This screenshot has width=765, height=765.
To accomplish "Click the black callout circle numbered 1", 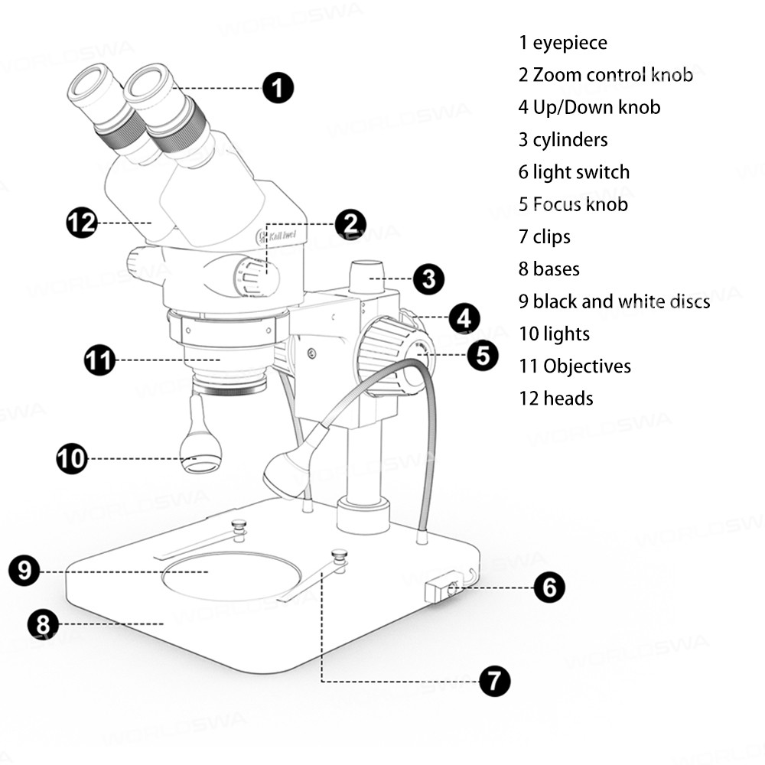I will tap(278, 88).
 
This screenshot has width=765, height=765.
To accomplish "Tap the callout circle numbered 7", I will tap(494, 680).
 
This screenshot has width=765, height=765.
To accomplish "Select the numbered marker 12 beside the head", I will tap(81, 223).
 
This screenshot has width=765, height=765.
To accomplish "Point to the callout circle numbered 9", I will tap(25, 571).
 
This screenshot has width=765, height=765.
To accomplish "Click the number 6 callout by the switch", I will tap(549, 588).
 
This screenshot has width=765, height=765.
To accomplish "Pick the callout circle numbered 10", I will tap(72, 459).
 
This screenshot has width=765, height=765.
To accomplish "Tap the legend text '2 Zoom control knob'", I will tap(605, 75).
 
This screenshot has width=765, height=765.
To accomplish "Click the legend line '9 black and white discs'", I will tap(614, 301).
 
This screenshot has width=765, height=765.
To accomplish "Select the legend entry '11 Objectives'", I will tap(575, 366).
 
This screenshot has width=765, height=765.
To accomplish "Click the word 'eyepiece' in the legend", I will tap(570, 43).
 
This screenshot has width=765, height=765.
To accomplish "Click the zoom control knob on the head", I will tap(257, 275).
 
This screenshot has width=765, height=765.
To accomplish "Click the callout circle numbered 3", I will tap(428, 279).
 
